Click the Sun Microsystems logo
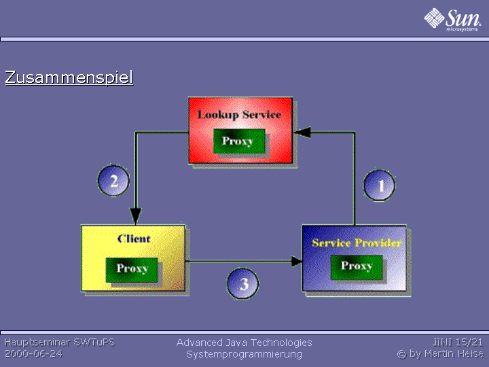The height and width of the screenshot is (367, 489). (452, 20)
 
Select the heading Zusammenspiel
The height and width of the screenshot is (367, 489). (69, 77)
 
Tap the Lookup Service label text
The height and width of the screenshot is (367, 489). (240, 115)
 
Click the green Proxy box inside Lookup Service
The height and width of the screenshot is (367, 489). (239, 141)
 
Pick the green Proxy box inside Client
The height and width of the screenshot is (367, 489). (132, 270)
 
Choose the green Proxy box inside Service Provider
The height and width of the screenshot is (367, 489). (357, 267)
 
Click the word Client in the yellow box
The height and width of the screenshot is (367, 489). (134, 239)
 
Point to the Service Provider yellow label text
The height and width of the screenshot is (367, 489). (357, 243)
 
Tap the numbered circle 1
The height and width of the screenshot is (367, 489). (379, 186)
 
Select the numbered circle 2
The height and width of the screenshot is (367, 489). (113, 181)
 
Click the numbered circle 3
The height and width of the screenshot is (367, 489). (242, 283)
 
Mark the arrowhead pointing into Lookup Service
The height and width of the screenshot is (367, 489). (302, 133)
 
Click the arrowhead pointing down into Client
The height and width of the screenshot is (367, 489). (136, 215)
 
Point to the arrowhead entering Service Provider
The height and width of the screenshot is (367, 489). (296, 261)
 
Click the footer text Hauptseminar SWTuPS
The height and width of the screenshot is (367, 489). (60, 343)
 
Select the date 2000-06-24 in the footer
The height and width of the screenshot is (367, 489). (33, 354)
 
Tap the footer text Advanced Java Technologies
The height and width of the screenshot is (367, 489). (244, 343)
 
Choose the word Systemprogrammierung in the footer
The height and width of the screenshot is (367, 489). (244, 355)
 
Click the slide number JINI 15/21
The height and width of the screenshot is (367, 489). (458, 343)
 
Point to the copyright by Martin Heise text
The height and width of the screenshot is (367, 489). (440, 354)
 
